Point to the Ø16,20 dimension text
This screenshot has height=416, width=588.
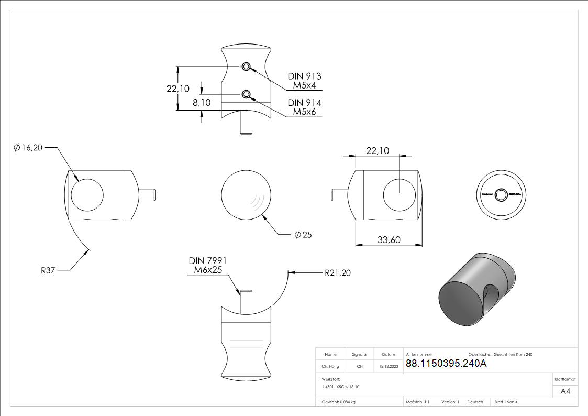click(29, 148)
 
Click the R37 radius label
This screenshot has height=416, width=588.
click(48, 271)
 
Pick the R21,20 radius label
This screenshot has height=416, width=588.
click(338, 272)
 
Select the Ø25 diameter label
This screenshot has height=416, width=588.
click(303, 235)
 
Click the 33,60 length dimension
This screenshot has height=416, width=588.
click(389, 240)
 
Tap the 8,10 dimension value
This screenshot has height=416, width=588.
click(202, 103)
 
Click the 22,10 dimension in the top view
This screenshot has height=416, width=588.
click(178, 89)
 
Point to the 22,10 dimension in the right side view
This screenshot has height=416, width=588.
click(377, 150)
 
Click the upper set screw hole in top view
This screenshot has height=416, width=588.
click(246, 67)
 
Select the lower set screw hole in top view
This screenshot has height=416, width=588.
click(246, 94)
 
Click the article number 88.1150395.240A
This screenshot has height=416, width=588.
click(446, 364)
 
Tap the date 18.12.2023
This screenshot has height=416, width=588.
click(388, 367)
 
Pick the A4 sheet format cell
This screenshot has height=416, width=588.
click(565, 391)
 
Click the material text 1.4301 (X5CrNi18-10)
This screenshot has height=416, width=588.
click(341, 387)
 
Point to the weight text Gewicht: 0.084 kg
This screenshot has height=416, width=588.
click(339, 402)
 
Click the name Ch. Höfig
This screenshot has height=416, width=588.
click(330, 367)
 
